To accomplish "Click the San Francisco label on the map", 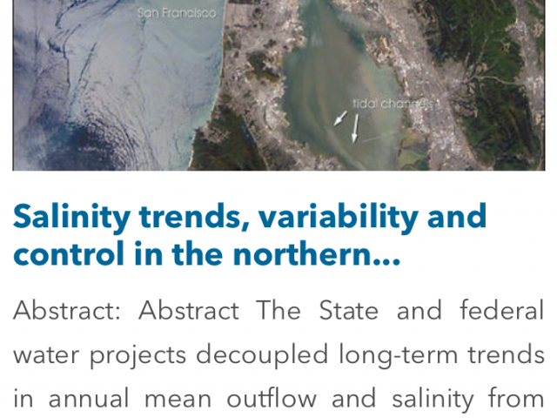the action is point(177,13).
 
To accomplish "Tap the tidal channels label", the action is point(393,104).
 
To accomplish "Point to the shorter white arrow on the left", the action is point(340,118).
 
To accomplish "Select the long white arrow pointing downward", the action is point(355,128).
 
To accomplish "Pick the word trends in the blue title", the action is point(194,217).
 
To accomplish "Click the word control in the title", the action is point(69,253).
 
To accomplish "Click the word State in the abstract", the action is point(348,310).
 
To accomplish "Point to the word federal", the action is point(501,310).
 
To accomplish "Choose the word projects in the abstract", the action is point(138,355).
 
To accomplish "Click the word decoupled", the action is point(262,355).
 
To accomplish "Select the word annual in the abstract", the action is point(89,398).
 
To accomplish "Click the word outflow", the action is point(272,398).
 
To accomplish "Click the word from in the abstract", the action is point(516,398).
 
